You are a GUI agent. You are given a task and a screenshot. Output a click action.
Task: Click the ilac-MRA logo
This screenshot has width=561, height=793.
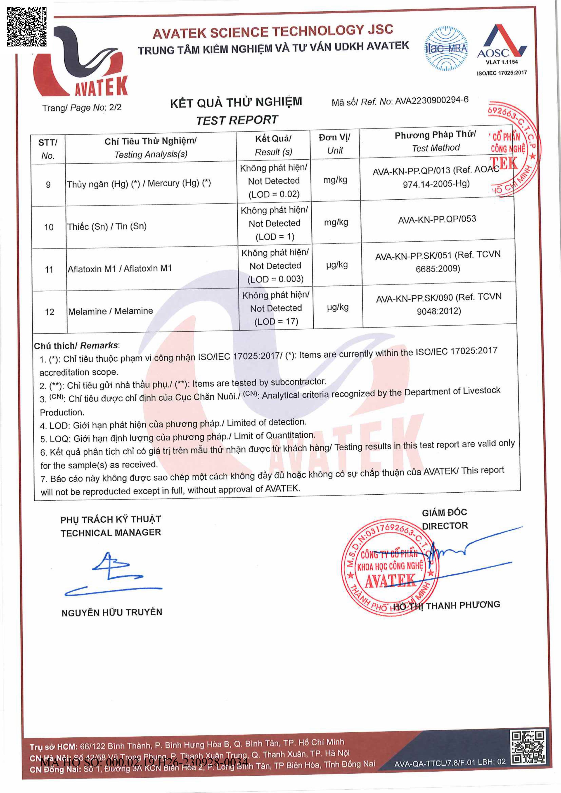pyautogui.click(x=446, y=49)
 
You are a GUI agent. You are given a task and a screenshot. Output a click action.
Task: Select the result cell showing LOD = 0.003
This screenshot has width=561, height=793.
pyautogui.click(x=275, y=266)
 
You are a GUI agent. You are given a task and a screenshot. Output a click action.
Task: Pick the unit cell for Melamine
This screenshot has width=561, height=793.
pyautogui.click(x=338, y=307)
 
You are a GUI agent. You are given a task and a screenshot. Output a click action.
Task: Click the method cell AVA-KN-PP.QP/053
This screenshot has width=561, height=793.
pyautogui.click(x=437, y=219)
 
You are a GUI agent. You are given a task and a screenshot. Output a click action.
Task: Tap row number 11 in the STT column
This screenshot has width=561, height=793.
pyautogui.click(x=49, y=269)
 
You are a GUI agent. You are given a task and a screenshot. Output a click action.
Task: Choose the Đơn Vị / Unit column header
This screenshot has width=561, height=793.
pyautogui.click(x=334, y=144)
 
